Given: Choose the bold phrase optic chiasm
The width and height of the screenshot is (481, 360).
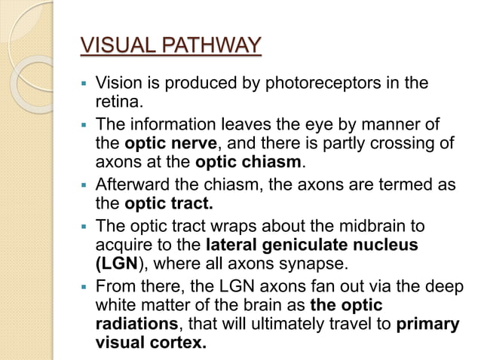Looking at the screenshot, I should coord(248,161).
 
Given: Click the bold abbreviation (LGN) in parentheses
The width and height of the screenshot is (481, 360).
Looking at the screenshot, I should coord(118,264).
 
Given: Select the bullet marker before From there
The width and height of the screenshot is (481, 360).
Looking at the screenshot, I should coord(86,286).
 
